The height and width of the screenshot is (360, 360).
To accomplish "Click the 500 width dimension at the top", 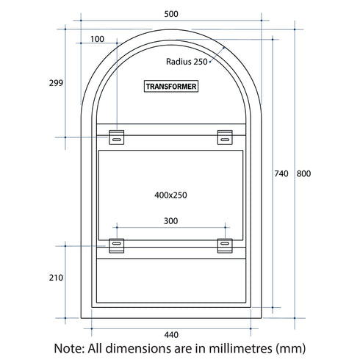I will [170, 14].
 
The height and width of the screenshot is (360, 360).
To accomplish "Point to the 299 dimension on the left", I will [56, 83].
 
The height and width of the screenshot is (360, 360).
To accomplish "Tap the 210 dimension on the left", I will [56, 278].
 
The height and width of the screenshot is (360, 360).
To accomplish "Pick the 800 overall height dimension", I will [304, 173].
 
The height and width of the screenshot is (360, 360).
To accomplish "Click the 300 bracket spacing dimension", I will [170, 220].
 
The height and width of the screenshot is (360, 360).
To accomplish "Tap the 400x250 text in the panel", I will [170, 195].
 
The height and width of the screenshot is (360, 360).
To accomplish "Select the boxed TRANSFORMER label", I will [171, 87].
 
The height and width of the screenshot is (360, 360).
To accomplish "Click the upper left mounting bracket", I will [117, 137].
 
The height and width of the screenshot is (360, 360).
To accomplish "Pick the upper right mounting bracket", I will [224, 137].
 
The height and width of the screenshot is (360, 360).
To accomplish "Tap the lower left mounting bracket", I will [117, 245].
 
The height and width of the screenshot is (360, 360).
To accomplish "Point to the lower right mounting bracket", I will [224, 245].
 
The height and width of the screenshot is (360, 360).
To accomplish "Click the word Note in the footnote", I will [70, 348].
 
